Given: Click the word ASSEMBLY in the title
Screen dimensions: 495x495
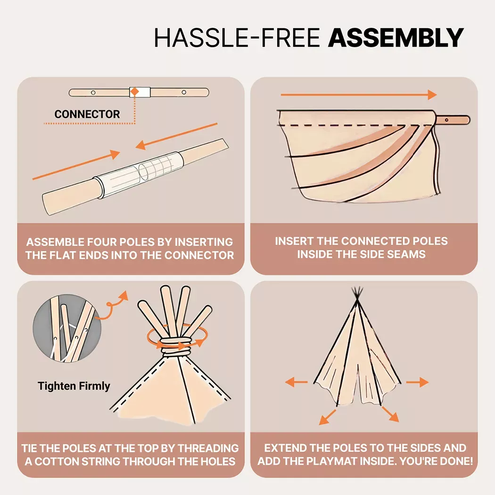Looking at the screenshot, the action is (x=396, y=38).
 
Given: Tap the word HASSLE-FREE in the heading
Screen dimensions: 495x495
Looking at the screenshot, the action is (x=237, y=38).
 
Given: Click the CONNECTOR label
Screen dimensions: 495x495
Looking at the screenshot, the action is (x=87, y=114).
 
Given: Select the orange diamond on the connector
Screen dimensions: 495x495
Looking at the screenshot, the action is (x=135, y=91).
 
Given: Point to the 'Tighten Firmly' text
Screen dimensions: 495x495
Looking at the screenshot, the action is (x=74, y=386).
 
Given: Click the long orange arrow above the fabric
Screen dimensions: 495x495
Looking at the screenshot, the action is (x=359, y=94).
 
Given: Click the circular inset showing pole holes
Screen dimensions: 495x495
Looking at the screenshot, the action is (x=67, y=328).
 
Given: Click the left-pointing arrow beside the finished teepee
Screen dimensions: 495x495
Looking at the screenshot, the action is (x=296, y=382).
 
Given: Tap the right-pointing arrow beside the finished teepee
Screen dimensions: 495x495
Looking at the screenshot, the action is (x=417, y=382).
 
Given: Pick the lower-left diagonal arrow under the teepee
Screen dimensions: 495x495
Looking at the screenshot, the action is (x=327, y=417).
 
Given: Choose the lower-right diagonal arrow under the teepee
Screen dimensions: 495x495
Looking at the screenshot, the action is (x=390, y=414).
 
